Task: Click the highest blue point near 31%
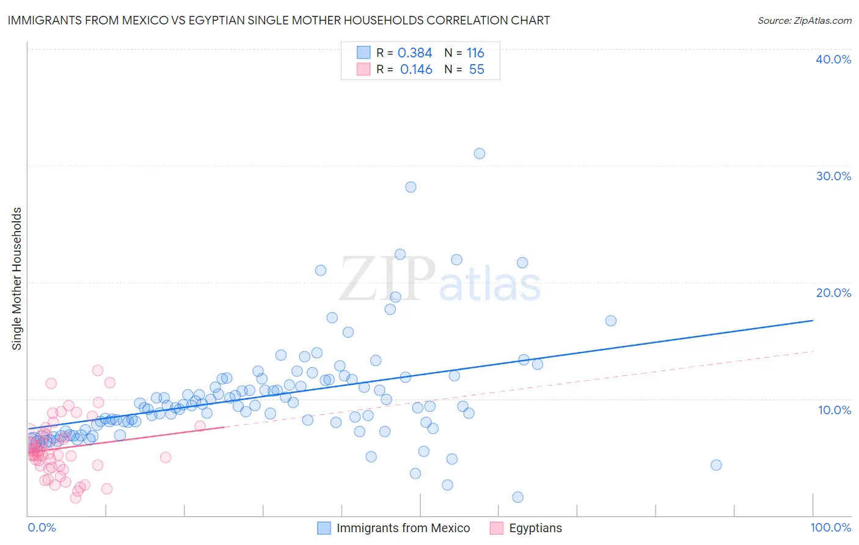click(x=480, y=153)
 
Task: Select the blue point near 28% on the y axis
click(x=411, y=187)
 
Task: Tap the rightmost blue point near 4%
click(x=716, y=465)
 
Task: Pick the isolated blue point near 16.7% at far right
click(x=611, y=321)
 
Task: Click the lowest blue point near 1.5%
click(x=517, y=497)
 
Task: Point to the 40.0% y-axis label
click(x=833, y=59)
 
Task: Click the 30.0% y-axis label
click(x=833, y=176)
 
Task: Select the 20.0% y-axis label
click(x=833, y=293)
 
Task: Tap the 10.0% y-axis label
click(x=833, y=409)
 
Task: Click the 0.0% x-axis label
click(x=42, y=528)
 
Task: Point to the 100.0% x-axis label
click(x=830, y=528)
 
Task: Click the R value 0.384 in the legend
click(x=415, y=53)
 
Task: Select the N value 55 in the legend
click(x=477, y=70)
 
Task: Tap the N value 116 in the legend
click(x=475, y=53)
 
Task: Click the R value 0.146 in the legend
click(x=416, y=70)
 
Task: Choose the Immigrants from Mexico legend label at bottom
click(x=403, y=529)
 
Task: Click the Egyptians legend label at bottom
click(x=535, y=529)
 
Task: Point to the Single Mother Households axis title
click(x=17, y=279)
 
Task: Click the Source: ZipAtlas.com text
click(x=804, y=21)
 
